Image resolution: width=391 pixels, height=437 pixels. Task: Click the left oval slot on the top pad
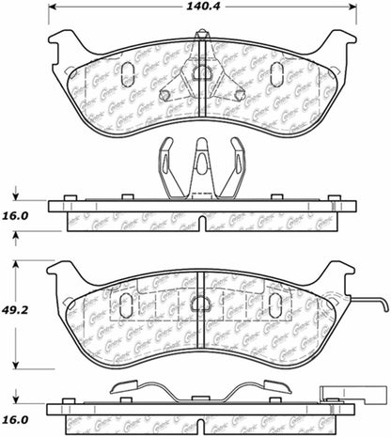pyautogui.click(x=129, y=73)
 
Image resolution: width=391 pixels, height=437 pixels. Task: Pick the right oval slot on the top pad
pyautogui.click(x=277, y=74)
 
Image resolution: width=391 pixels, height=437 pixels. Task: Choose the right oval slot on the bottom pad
pyautogui.click(x=276, y=304)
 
